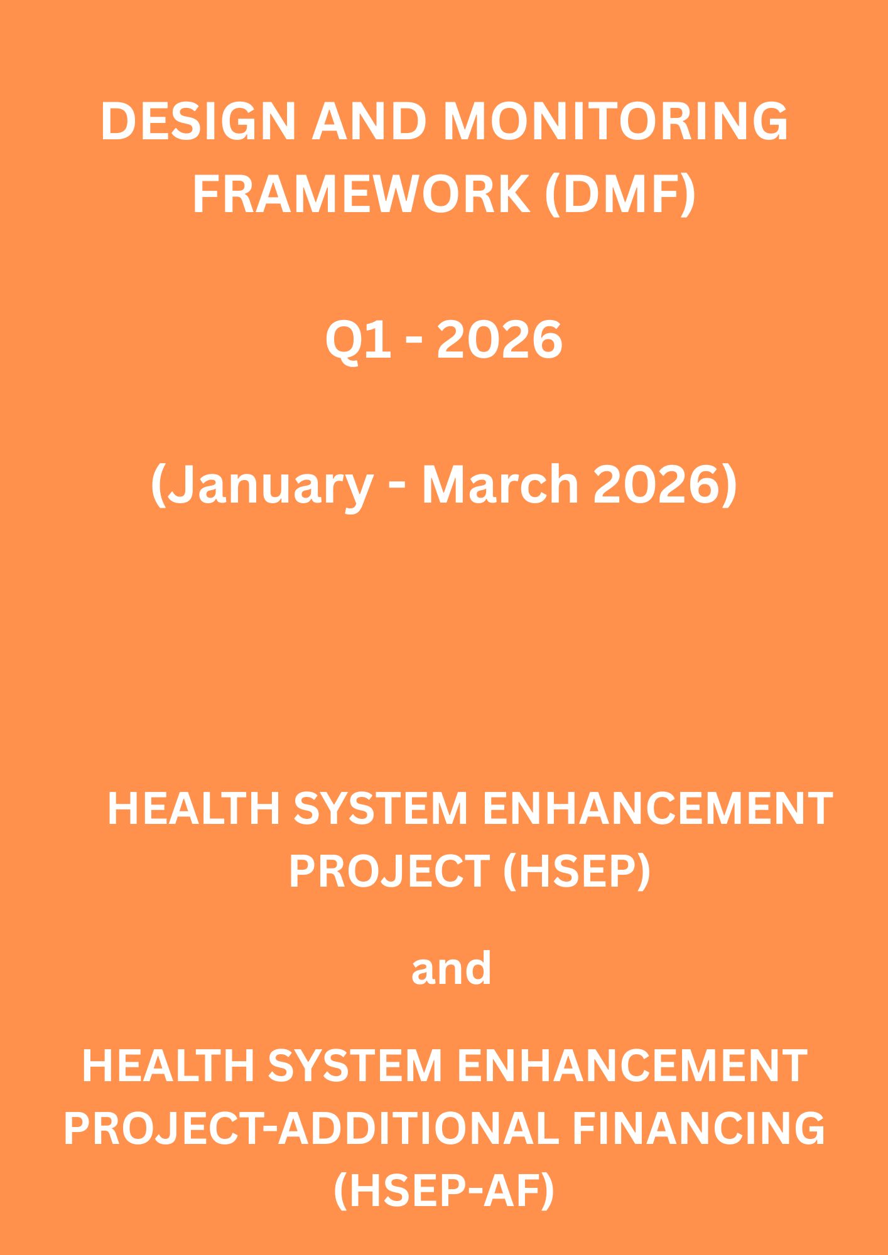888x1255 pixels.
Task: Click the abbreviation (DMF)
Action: (x=620, y=195)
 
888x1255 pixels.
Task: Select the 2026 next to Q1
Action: (x=499, y=339)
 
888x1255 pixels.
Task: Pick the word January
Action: (x=263, y=486)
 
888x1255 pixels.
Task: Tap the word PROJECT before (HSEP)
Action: (x=389, y=871)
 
